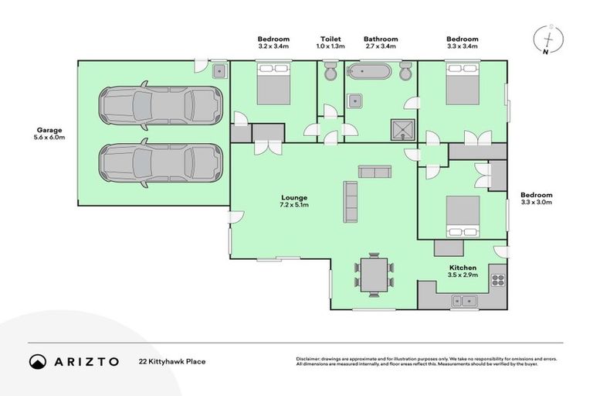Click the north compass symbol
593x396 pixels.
(x=547, y=39)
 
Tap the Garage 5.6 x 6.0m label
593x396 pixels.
(x=49, y=134)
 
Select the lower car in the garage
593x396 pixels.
(x=160, y=164)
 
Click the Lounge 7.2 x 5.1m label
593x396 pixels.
(x=293, y=202)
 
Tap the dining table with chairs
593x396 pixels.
(x=374, y=274)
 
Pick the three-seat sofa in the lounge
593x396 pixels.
(x=351, y=202)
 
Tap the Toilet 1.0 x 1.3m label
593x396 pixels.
(x=332, y=43)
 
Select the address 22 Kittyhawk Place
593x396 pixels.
(x=171, y=361)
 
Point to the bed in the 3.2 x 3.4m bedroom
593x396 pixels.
(x=273, y=84)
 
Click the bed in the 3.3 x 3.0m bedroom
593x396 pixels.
(x=463, y=215)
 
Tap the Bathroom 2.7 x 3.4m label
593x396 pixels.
(x=381, y=43)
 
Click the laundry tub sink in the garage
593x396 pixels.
(x=219, y=72)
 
